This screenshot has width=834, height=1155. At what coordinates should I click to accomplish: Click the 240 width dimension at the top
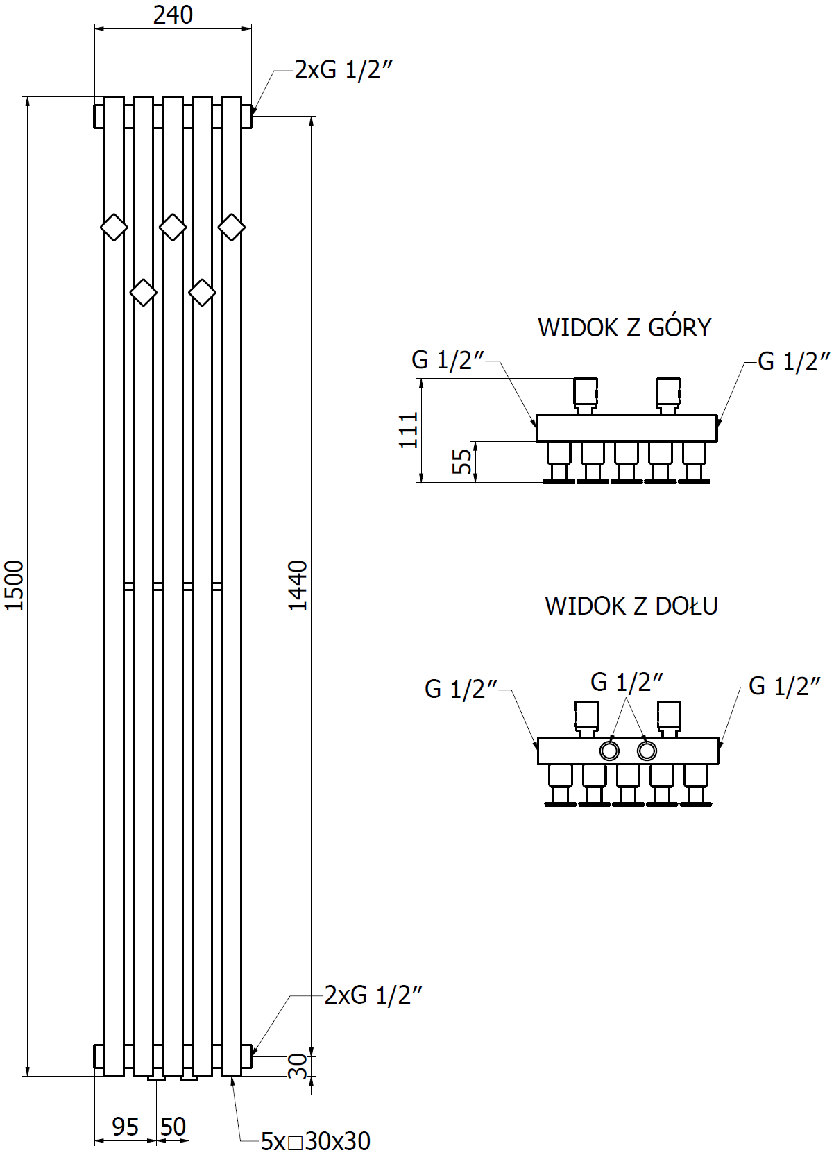[173, 15]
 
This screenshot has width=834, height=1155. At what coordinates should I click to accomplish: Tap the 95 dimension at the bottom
[126, 1127]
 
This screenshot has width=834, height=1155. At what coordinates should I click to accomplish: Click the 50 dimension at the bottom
[173, 1127]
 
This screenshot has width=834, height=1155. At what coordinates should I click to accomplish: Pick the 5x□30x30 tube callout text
[316, 1141]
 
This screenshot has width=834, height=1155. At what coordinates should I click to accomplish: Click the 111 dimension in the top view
[409, 429]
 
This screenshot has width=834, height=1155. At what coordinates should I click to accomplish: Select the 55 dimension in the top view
[463, 461]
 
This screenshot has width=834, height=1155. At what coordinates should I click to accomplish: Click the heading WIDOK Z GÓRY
[624, 327]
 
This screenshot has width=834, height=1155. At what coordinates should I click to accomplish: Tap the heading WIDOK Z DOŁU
[631, 606]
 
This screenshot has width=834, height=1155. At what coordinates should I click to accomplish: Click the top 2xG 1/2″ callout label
[343, 70]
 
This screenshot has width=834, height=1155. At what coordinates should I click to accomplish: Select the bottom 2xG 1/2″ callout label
[373, 995]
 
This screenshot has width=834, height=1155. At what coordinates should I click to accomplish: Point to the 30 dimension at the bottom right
[298, 1066]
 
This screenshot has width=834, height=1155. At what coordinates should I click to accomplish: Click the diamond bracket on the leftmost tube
[114, 227]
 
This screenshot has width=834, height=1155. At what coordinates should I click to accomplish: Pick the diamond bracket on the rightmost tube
[232, 227]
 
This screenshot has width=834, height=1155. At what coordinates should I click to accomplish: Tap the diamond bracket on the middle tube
[173, 227]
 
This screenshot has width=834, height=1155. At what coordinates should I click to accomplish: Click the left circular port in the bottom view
[609, 751]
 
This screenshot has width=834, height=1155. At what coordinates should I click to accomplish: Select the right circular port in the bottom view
[647, 751]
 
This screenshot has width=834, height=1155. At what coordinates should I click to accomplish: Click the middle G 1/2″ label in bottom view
[627, 682]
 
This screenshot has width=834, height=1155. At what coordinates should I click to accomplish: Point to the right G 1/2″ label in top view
[794, 361]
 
